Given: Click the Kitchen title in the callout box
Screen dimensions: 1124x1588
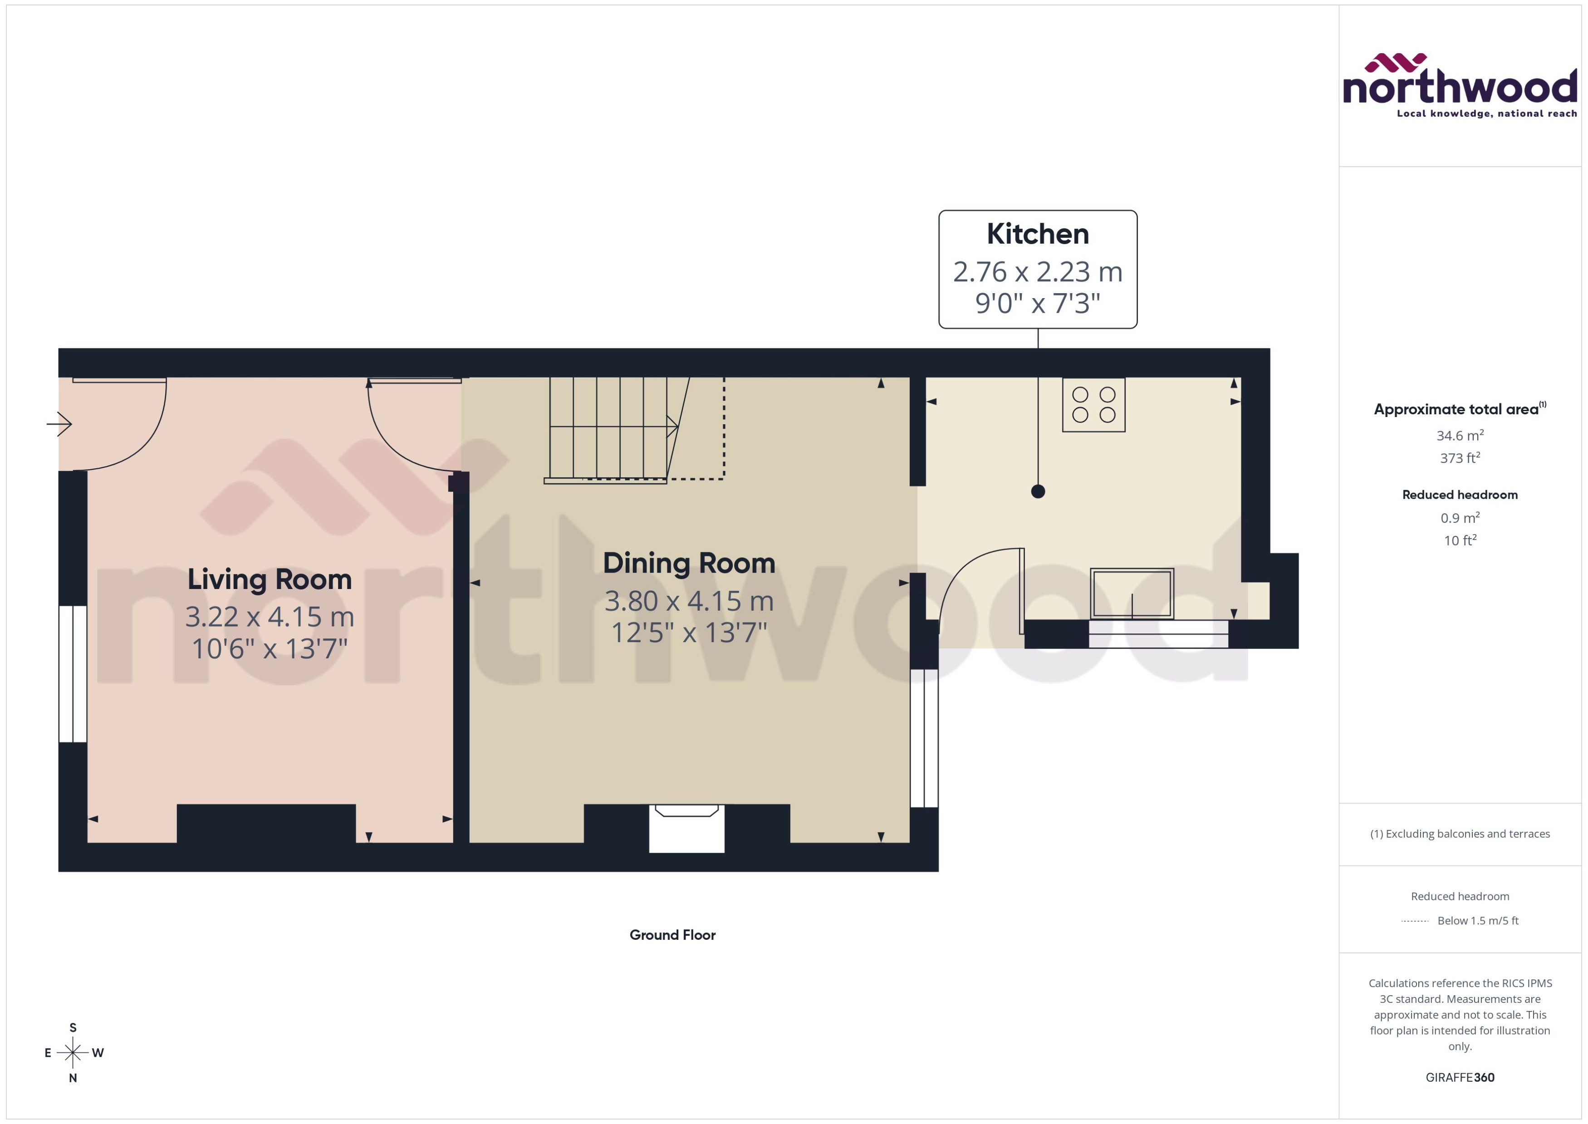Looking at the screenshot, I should (1037, 234).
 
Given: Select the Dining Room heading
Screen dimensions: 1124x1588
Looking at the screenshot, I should (688, 563).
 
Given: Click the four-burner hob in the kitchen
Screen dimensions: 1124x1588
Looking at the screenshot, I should (1093, 405).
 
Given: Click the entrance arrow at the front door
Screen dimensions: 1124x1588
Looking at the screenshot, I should (59, 423).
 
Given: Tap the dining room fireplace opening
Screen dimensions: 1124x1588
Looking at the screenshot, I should (686, 829).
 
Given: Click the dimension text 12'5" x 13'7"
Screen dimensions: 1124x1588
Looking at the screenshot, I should (688, 633).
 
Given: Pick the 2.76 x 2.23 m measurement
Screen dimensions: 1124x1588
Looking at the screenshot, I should (1037, 272).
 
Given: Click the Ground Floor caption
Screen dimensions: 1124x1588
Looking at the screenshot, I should (672, 935).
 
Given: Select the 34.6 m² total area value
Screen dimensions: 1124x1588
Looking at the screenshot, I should (1459, 435).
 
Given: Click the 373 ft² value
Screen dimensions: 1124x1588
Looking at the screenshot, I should (1459, 458).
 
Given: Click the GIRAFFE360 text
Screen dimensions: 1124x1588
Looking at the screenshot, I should (1459, 1078).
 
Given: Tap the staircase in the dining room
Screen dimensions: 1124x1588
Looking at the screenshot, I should (609, 429).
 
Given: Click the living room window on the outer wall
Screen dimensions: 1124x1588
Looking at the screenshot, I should (73, 673).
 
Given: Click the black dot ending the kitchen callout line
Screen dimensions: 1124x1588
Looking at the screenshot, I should (1037, 491).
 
